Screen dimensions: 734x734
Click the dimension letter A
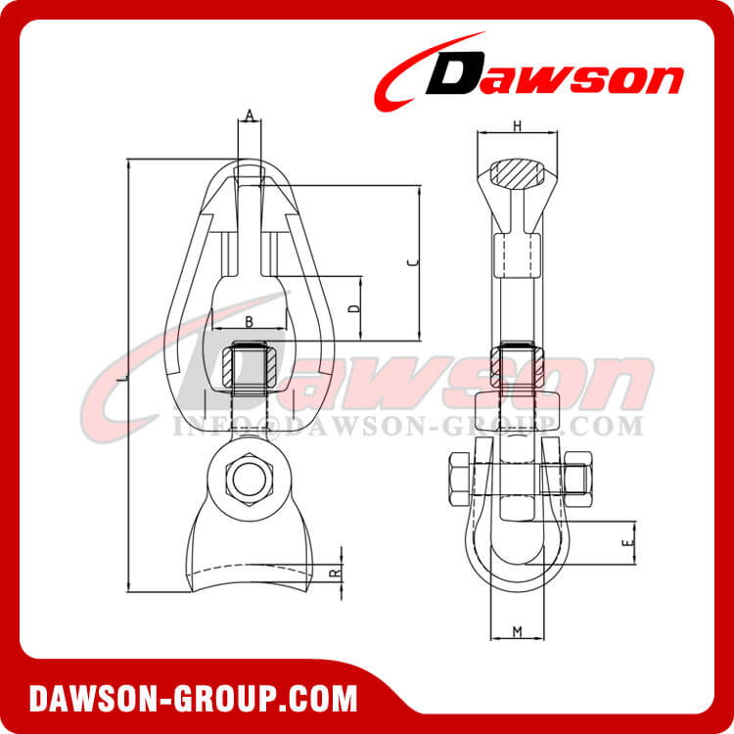click(250, 116)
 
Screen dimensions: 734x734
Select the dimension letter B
click(250, 321)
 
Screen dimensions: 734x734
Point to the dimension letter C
click(413, 262)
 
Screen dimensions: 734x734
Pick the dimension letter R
click(334, 571)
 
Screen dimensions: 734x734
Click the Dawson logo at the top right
click(533, 70)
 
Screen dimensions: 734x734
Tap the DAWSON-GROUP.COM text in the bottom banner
click(193, 699)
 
